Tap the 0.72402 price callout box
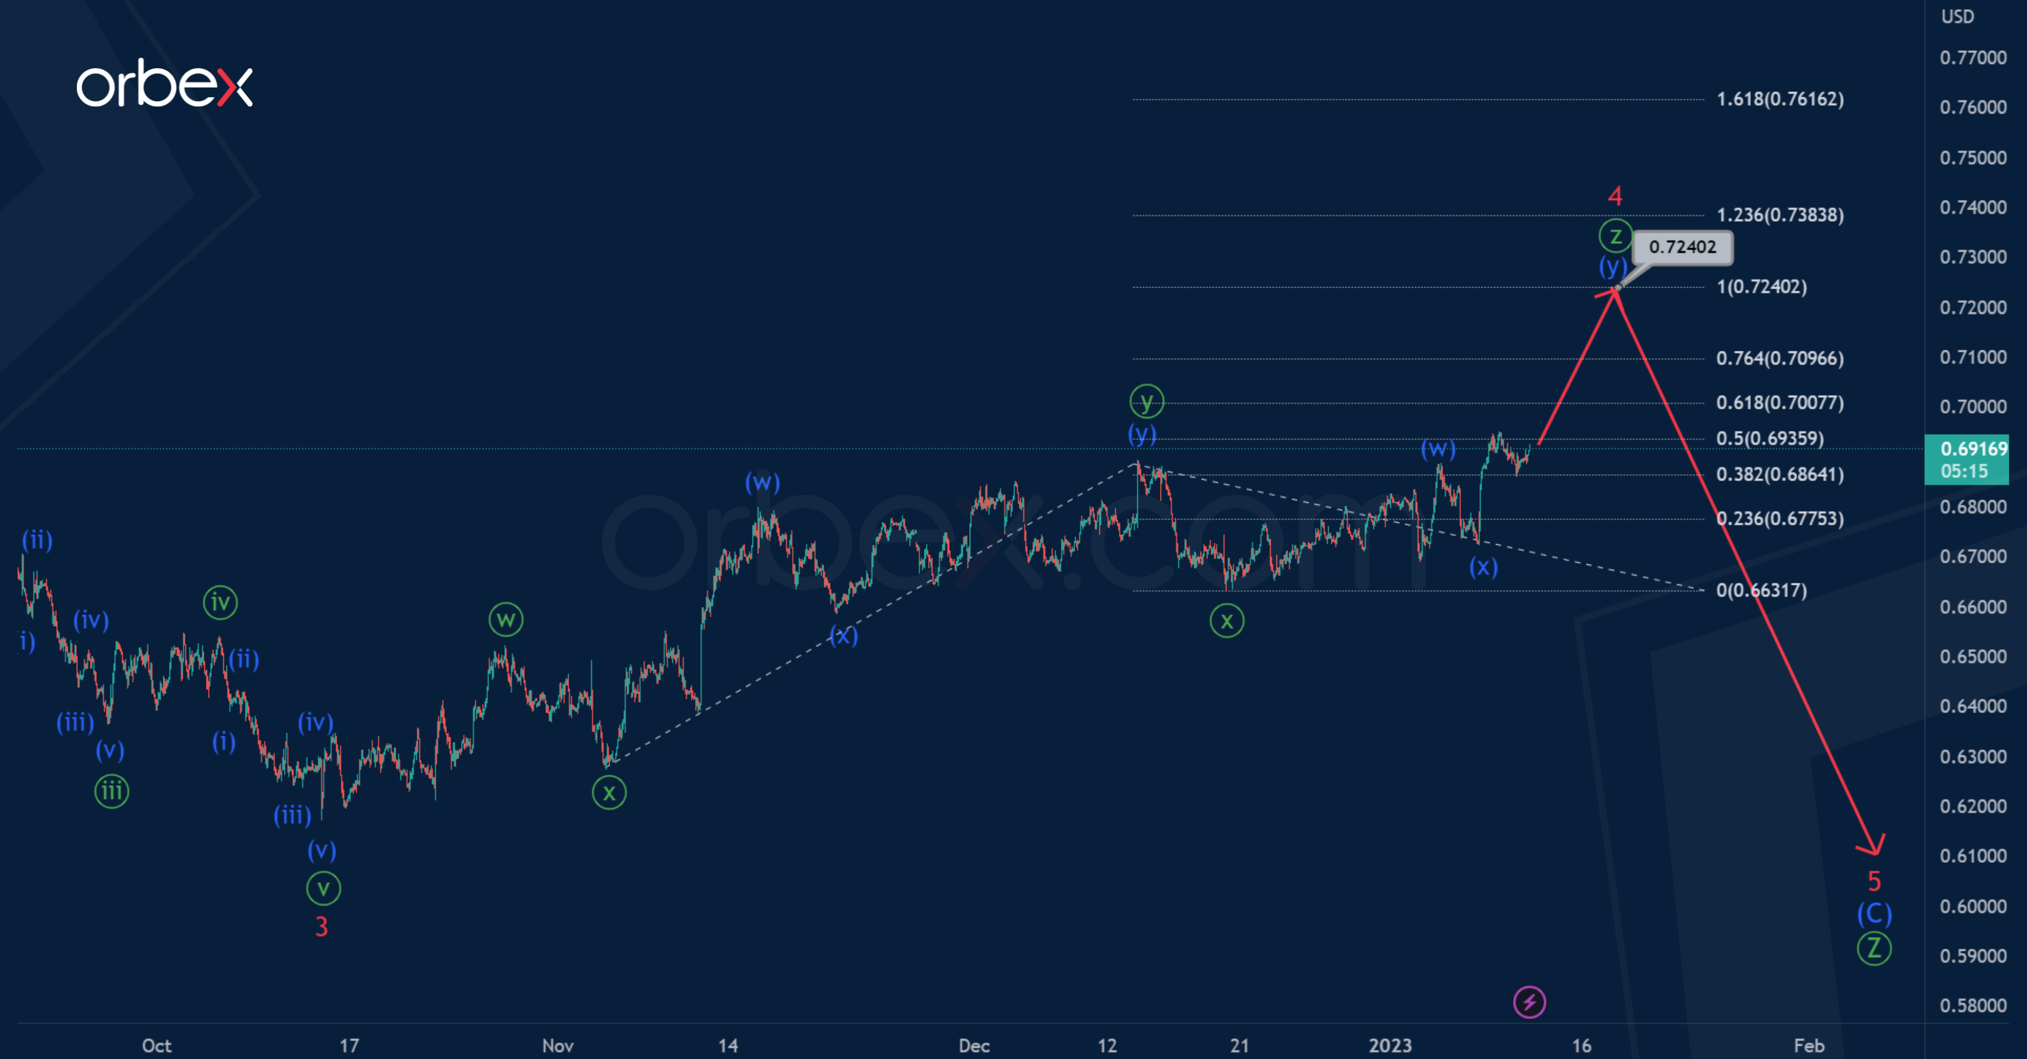click(x=1682, y=247)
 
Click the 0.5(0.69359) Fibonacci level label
click(x=1769, y=438)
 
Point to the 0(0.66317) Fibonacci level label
click(x=1761, y=590)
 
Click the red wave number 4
click(x=1615, y=195)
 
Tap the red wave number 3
click(x=321, y=927)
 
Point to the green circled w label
click(x=506, y=620)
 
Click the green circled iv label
click(x=221, y=603)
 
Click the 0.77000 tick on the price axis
click(x=1973, y=57)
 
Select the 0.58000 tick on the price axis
click(x=1973, y=1005)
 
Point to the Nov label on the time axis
click(x=558, y=1045)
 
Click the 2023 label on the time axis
click(x=1390, y=1045)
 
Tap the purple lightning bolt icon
click(x=1529, y=1002)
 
